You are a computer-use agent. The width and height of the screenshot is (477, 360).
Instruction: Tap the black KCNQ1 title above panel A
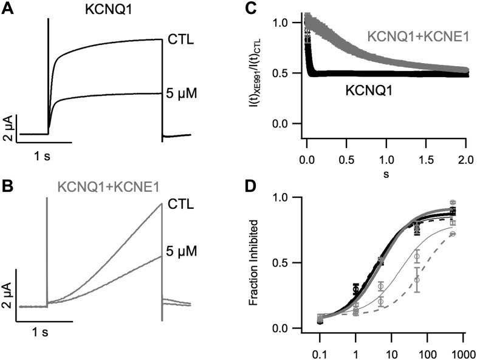pyautogui.click(x=104, y=10)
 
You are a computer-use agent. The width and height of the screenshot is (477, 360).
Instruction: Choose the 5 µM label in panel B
pyautogui.click(x=182, y=249)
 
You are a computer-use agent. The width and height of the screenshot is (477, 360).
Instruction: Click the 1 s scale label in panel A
pyautogui.click(x=42, y=157)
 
